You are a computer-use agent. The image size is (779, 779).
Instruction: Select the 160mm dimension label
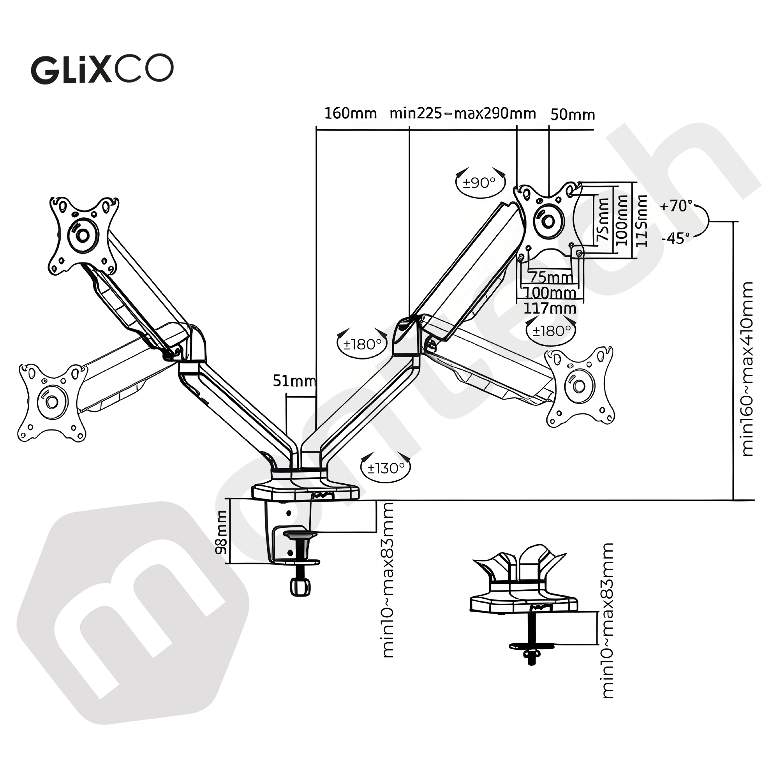[350, 114]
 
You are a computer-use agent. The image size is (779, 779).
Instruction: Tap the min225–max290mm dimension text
[462, 114]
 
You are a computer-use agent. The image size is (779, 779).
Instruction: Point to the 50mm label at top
[572, 115]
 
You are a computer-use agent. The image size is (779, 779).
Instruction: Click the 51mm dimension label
[294, 381]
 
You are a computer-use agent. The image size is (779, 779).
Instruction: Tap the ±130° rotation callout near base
[386, 469]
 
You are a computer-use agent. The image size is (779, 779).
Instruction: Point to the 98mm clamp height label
[221, 532]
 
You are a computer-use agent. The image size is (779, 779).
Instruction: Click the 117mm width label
[550, 308]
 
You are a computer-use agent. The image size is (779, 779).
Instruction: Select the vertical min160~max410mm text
[747, 368]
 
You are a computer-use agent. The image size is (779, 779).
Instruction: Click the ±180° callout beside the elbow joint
[362, 344]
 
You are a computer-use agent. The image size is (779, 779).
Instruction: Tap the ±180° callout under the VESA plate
[551, 331]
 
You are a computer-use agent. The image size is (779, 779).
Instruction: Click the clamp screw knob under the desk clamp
[300, 587]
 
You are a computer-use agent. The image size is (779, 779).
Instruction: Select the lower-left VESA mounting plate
[52, 402]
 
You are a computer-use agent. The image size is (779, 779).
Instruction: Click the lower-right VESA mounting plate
[580, 386]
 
